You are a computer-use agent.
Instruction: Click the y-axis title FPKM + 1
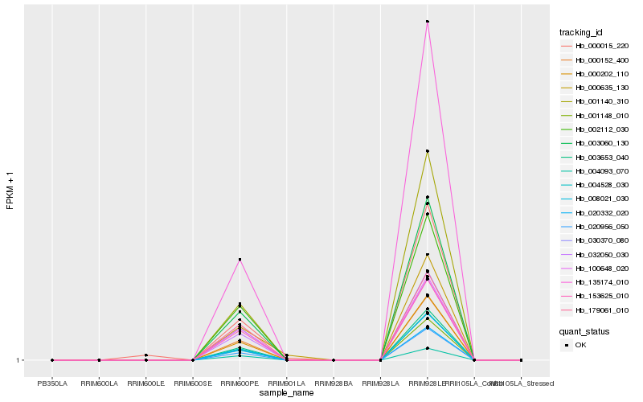click(x=10, y=189)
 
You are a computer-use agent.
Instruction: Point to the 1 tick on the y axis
click(x=20, y=360)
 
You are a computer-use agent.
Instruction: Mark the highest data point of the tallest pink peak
click(x=428, y=22)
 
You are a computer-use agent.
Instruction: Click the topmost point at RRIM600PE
click(x=240, y=260)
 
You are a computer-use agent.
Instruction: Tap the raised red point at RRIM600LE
click(x=145, y=355)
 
